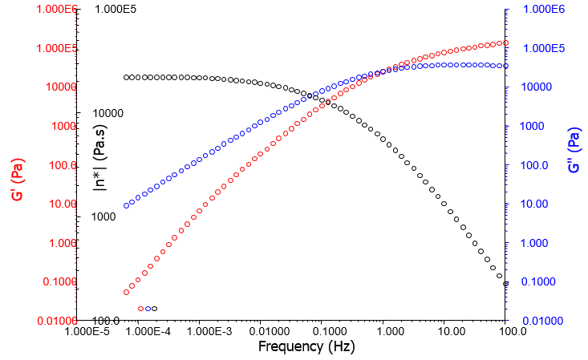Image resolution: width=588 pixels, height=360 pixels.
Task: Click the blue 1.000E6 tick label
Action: point(545,9)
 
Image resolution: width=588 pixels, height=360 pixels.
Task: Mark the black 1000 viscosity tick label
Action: point(103,216)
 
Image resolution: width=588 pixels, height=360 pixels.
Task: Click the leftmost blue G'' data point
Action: point(126,206)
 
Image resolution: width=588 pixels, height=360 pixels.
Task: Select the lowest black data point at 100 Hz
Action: point(505,284)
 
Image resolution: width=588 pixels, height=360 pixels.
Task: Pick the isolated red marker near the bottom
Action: point(140,309)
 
